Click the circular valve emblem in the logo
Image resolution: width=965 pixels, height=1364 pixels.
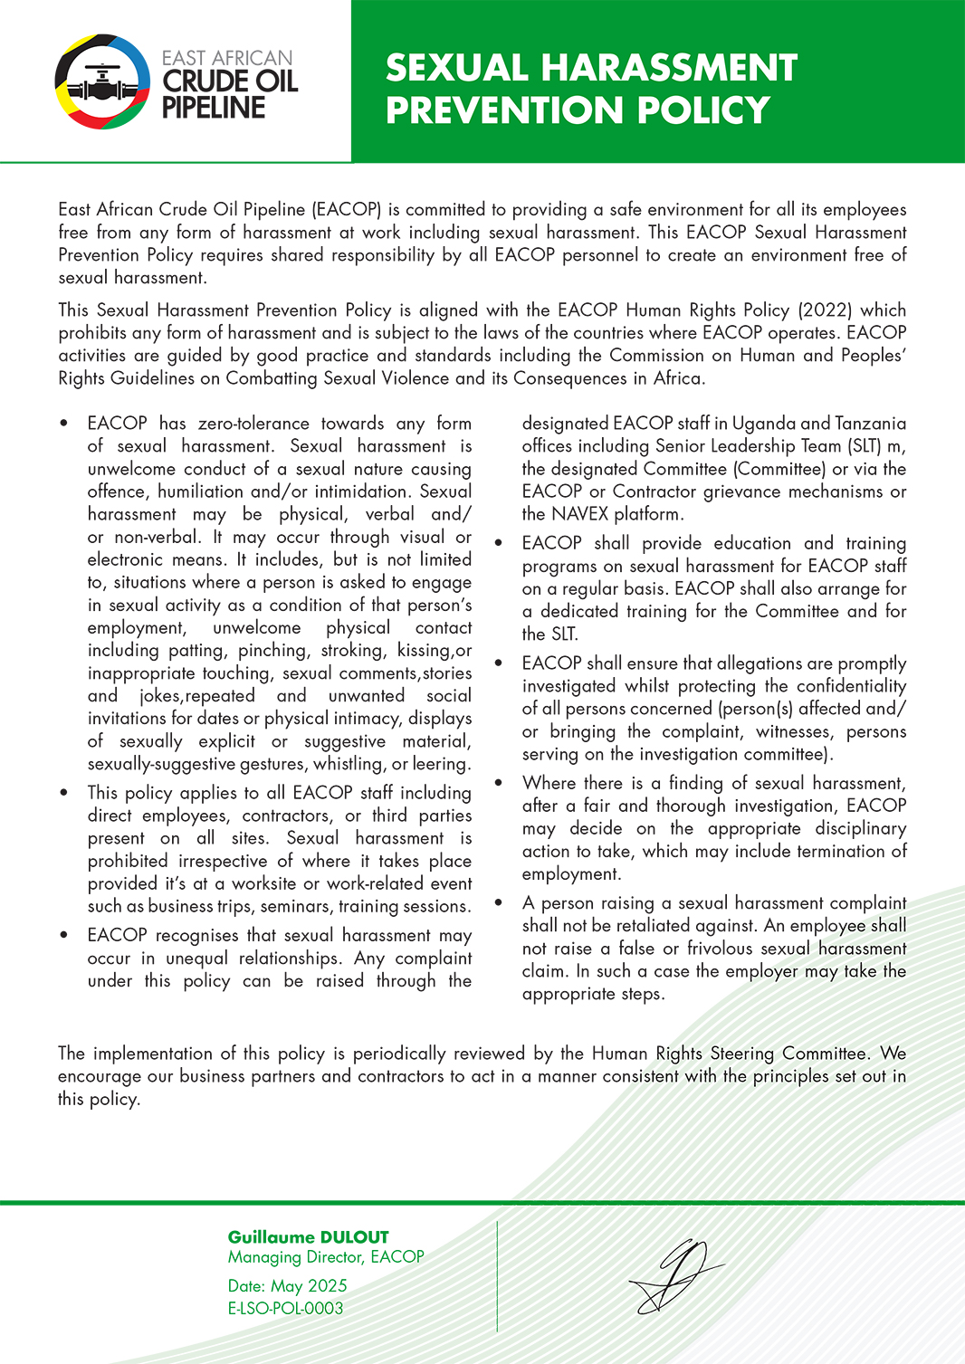102,81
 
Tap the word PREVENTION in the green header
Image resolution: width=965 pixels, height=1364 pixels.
506,110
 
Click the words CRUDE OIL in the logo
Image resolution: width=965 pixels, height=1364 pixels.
230,81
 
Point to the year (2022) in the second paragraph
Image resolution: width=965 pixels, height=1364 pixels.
825,310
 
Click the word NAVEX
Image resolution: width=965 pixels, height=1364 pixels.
579,514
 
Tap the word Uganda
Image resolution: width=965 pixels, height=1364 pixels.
763,424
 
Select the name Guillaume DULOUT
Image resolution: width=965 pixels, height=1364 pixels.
308,1237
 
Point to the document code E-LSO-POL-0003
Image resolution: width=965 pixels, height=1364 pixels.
285,1309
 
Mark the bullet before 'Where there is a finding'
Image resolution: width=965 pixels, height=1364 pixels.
499,783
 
